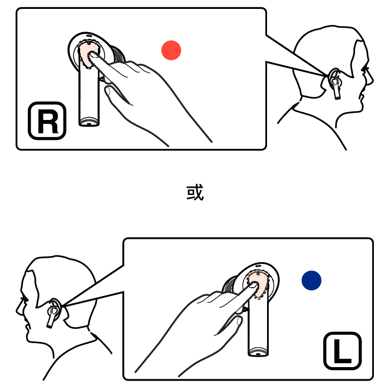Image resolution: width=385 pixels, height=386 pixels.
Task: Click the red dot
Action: [171, 50]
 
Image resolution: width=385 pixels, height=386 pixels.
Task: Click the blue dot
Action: [312, 280]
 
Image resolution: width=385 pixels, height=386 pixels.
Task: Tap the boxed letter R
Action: [47, 121]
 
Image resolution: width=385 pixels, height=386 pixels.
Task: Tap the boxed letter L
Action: [342, 351]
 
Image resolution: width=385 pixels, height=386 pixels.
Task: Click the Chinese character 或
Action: [195, 192]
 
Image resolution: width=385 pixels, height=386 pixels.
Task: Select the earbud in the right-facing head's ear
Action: [335, 84]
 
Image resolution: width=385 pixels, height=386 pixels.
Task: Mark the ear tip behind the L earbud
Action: [230, 285]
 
